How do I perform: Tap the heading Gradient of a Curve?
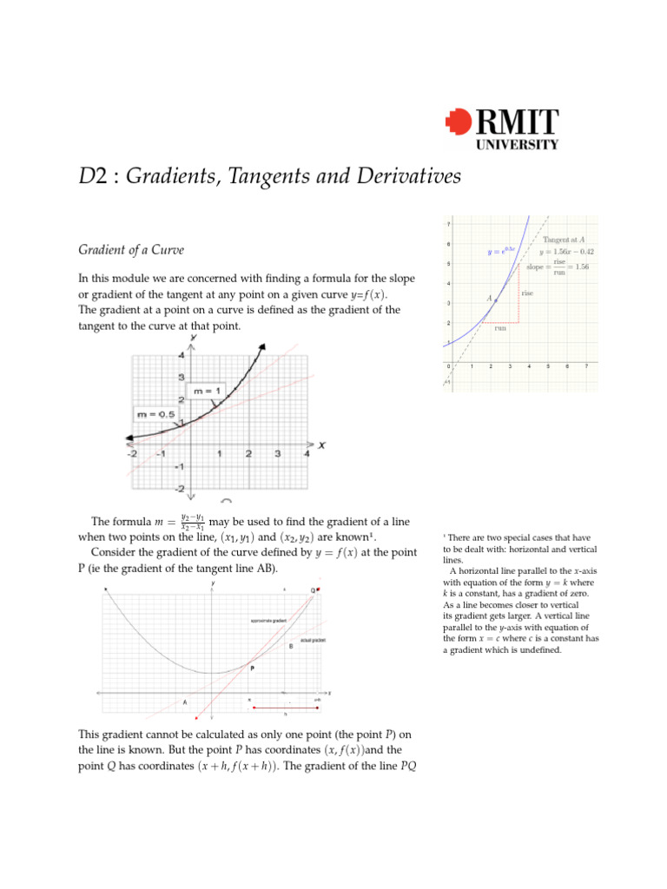point(131,250)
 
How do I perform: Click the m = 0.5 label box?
point(155,414)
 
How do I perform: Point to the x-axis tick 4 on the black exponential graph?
point(307,453)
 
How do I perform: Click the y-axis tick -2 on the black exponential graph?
point(180,490)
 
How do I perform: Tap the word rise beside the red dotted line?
point(527,294)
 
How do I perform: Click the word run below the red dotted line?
point(500,328)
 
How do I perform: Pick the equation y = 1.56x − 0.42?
point(565,252)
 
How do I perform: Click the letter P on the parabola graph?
point(252,668)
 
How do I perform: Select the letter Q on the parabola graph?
point(312,590)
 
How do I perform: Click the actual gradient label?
point(314,640)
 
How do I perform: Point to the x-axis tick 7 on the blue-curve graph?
point(586,365)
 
